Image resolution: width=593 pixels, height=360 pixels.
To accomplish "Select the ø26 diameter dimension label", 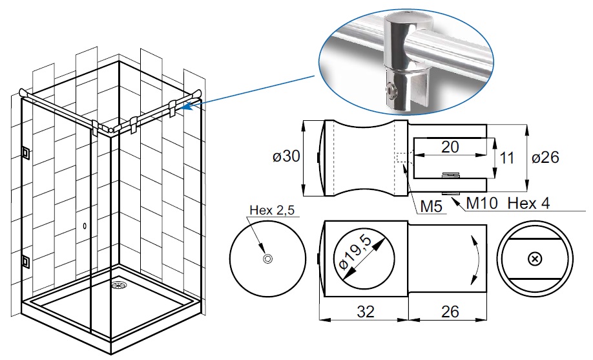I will (545, 157).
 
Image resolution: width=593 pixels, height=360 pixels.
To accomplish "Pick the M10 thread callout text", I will (482, 203).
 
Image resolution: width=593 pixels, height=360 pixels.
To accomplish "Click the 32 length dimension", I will (366, 312).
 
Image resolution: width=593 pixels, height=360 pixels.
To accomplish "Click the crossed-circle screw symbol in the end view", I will (534, 259).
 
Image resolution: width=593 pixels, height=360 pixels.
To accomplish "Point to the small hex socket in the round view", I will (267, 259).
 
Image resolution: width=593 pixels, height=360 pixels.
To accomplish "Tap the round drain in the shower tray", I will (118, 284).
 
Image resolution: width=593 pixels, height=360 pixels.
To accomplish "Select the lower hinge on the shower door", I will (25, 260).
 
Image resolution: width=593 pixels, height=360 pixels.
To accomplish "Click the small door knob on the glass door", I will (85, 226).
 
